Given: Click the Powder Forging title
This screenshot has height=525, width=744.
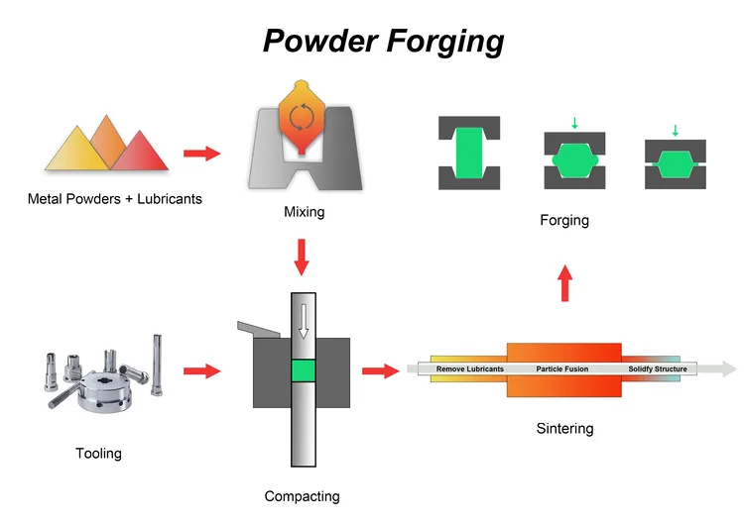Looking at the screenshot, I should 384,42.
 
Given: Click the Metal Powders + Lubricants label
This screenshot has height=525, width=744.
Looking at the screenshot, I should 115,199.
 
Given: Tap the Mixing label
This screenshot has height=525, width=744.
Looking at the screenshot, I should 304,212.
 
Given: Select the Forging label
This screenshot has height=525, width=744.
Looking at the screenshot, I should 564,220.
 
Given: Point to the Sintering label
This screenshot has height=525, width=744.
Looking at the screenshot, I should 564,429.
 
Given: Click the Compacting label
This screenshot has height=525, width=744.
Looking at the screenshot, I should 303,496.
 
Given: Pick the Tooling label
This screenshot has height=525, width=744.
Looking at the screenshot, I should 98,454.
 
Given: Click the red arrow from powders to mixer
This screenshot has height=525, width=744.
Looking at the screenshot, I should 201,154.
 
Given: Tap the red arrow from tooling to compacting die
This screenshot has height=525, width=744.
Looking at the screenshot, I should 201,370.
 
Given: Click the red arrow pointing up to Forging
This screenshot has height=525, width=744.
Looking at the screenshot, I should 564,282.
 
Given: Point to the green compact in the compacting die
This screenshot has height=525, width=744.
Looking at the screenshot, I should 303,371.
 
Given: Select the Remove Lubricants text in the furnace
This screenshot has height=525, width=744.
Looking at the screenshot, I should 470,368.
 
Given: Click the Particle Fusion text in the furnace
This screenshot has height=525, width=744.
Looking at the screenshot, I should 562,368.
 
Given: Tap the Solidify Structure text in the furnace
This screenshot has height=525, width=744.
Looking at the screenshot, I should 657,368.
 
